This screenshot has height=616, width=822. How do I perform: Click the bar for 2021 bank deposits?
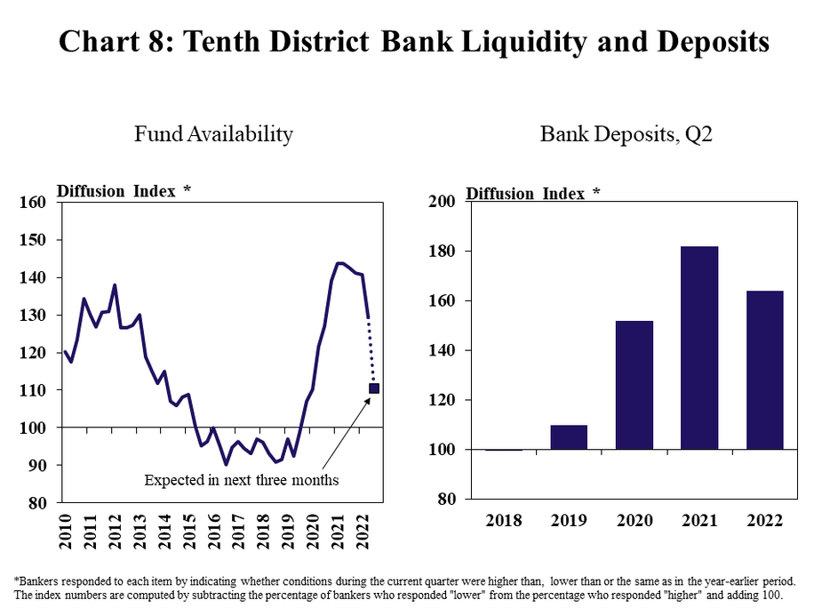(x=698, y=348)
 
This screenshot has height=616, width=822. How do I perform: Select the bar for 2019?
(x=568, y=437)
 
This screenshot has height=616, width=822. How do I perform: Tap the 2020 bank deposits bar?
(x=634, y=385)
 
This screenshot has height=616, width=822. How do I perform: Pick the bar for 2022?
(x=764, y=370)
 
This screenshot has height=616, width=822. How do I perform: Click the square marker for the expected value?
(x=374, y=388)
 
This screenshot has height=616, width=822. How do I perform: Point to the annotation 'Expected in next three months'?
(x=242, y=480)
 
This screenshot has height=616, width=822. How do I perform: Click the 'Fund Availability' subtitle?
(x=213, y=134)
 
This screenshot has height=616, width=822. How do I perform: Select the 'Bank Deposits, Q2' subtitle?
(x=626, y=134)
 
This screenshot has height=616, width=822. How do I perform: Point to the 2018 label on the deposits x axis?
(x=503, y=520)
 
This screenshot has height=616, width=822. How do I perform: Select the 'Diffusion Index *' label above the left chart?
(x=124, y=190)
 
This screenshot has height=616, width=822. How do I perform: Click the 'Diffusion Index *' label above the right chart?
(x=533, y=194)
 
